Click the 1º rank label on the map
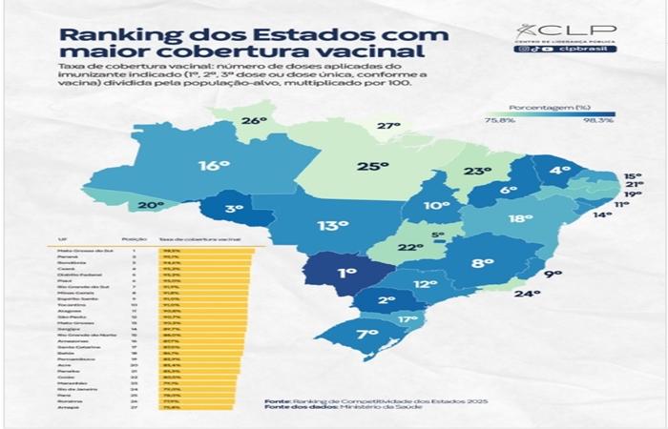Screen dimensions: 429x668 (x=345, y=272)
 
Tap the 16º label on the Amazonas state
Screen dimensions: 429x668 (x=214, y=165)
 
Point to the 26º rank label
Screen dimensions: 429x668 (x=253, y=121)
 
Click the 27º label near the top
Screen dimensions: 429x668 (x=387, y=126)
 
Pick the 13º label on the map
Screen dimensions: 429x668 (x=333, y=226)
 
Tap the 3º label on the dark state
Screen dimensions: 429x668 (x=234, y=208)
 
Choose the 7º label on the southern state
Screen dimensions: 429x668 (x=366, y=334)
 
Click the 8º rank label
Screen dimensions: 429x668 (x=483, y=262)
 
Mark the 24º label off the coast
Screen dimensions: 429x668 (x=528, y=295)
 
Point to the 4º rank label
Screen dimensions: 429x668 (x=559, y=170)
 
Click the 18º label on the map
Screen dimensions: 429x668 (x=520, y=218)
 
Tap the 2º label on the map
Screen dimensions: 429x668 (x=386, y=300)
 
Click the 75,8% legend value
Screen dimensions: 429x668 (x=499, y=121)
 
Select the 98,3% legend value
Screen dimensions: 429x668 (x=597, y=121)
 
